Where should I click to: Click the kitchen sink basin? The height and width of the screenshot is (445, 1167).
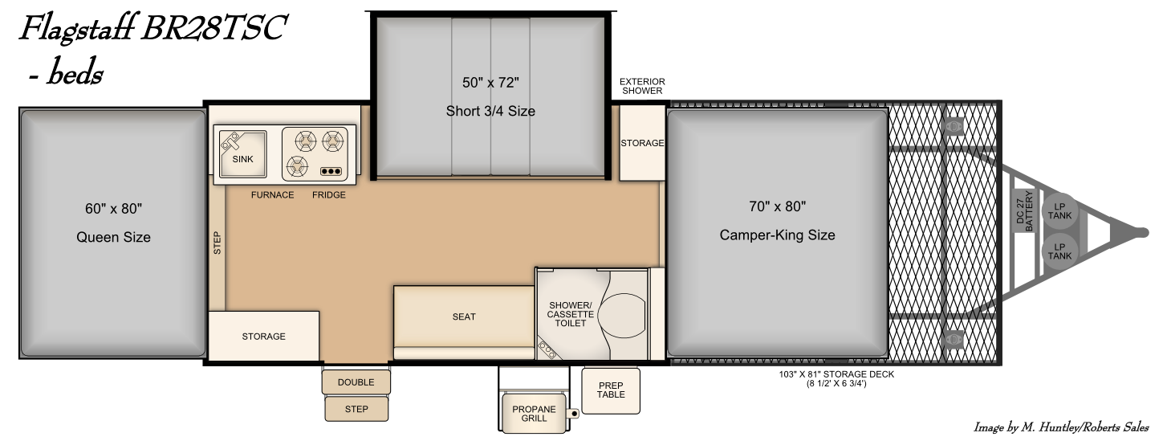pos(242,154)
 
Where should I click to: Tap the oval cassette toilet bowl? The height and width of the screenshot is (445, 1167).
pos(622,315)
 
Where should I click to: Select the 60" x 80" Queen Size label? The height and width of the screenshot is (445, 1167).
pos(114,222)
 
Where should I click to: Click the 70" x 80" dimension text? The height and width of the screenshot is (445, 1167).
pos(777,206)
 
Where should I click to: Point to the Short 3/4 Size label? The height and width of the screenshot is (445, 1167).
pos(490,111)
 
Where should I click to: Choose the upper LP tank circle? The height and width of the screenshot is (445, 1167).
pos(1059,211)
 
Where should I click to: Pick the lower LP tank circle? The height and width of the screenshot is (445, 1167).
pos(1059,251)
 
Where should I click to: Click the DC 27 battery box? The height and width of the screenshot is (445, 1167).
pos(1024,210)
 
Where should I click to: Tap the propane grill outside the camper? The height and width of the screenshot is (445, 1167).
pos(535,414)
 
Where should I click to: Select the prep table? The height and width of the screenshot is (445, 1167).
pos(611,390)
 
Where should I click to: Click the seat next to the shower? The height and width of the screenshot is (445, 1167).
pos(464,316)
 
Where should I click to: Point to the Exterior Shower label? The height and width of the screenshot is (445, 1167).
pos(642,86)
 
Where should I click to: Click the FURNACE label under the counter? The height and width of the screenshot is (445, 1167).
pos(272,195)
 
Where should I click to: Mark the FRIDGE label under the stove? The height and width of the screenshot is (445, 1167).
pos(329,195)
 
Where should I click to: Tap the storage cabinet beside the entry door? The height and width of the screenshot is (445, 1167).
pos(263,336)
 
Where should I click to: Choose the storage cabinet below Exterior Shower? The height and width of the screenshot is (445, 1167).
pos(642,142)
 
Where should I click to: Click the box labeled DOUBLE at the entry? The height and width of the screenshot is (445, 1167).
pos(356,382)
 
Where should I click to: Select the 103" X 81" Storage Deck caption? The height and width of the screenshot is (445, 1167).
pos(836,379)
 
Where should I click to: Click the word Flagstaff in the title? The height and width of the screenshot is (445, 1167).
pos(78,29)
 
